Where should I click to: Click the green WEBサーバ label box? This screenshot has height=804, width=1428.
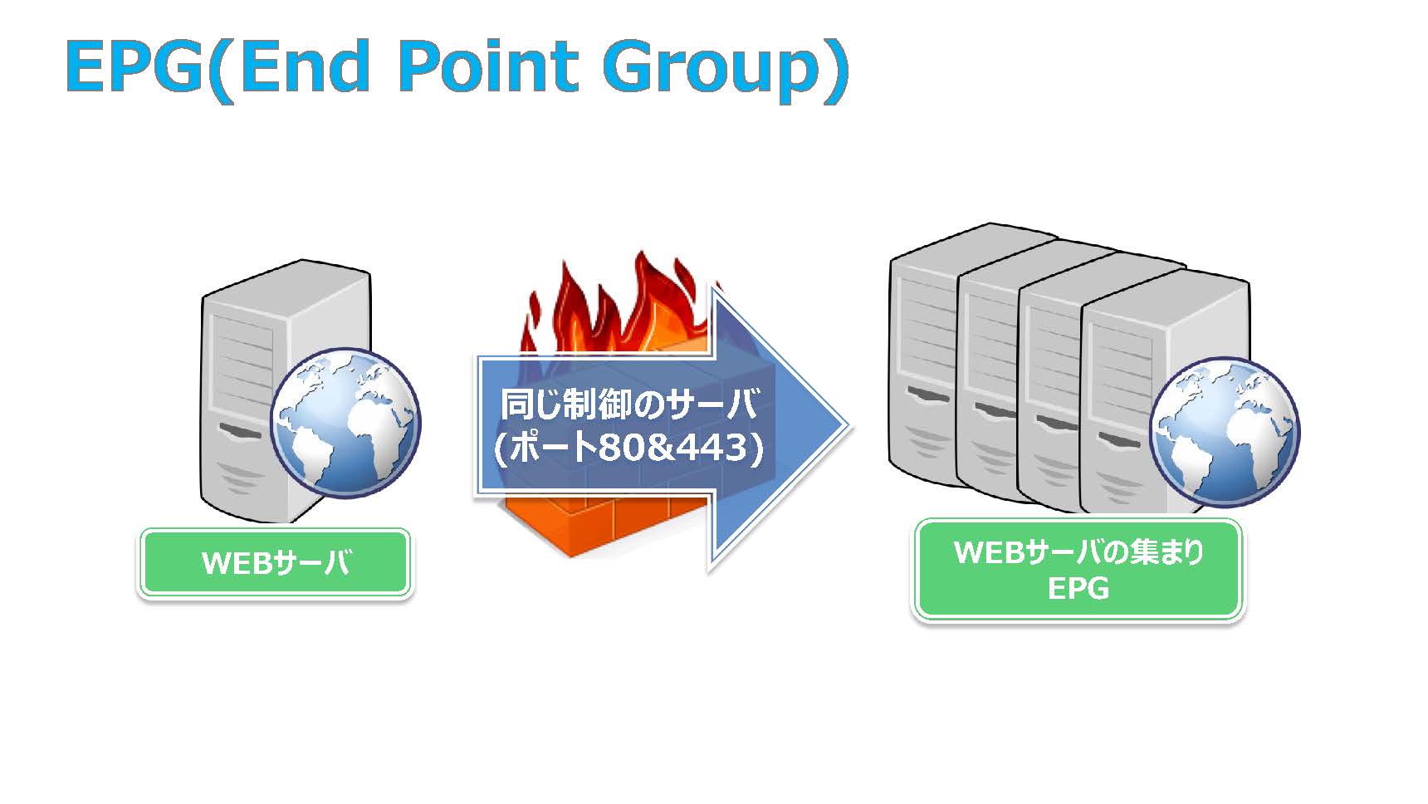tap(275, 563)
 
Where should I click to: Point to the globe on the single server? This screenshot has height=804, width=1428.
tap(345, 423)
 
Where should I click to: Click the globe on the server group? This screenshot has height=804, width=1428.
tap(1224, 432)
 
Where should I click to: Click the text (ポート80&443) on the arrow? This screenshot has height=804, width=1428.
tap(628, 449)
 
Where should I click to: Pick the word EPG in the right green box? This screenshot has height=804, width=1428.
tap(1078, 588)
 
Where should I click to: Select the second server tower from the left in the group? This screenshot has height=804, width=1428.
tap(988, 374)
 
